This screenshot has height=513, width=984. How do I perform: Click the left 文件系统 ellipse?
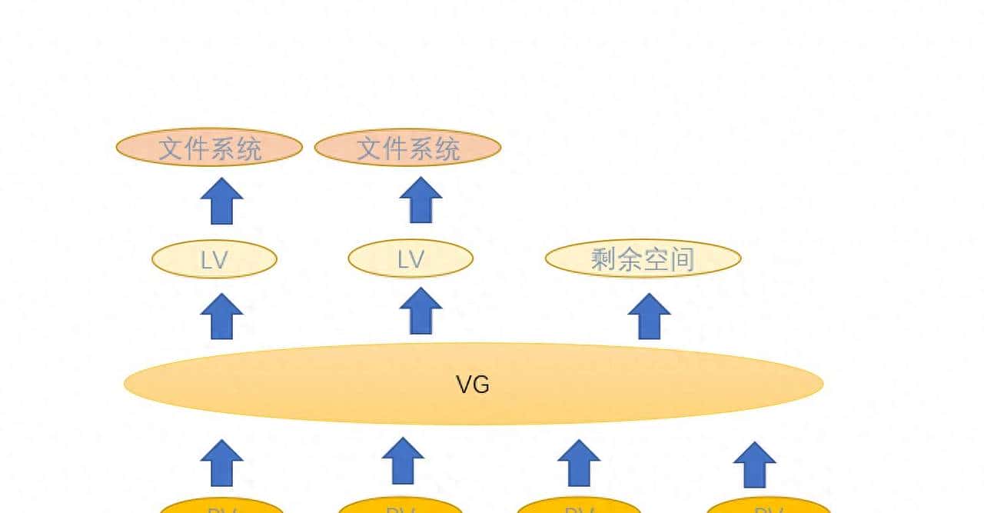click(x=209, y=147)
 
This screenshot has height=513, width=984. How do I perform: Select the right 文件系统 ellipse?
click(x=407, y=147)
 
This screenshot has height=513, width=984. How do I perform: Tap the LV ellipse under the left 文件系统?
click(x=214, y=260)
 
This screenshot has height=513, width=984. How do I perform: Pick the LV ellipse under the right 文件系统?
click(x=411, y=260)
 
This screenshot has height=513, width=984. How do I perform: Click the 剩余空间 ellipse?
click(x=643, y=259)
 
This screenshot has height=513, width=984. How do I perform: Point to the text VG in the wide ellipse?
click(x=473, y=384)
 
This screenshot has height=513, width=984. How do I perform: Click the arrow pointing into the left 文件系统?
click(x=221, y=201)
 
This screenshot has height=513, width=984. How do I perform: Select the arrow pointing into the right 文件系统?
click(x=421, y=201)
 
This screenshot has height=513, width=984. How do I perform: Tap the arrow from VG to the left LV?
click(x=221, y=316)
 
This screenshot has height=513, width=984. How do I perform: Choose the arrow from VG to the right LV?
click(x=421, y=311)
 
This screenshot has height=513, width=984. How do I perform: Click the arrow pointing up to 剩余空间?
click(x=649, y=316)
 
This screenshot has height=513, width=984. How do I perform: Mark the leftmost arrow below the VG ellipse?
click(x=221, y=463)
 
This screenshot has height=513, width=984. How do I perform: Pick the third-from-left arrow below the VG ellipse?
click(x=579, y=463)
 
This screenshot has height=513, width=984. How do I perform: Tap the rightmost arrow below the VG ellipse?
click(x=754, y=465)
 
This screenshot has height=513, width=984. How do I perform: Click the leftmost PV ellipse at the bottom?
click(x=221, y=506)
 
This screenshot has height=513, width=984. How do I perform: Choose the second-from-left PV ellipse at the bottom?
click(x=401, y=506)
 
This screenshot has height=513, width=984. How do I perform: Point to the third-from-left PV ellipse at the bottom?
click(x=579, y=506)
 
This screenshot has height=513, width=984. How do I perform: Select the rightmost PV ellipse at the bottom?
click(x=768, y=506)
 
